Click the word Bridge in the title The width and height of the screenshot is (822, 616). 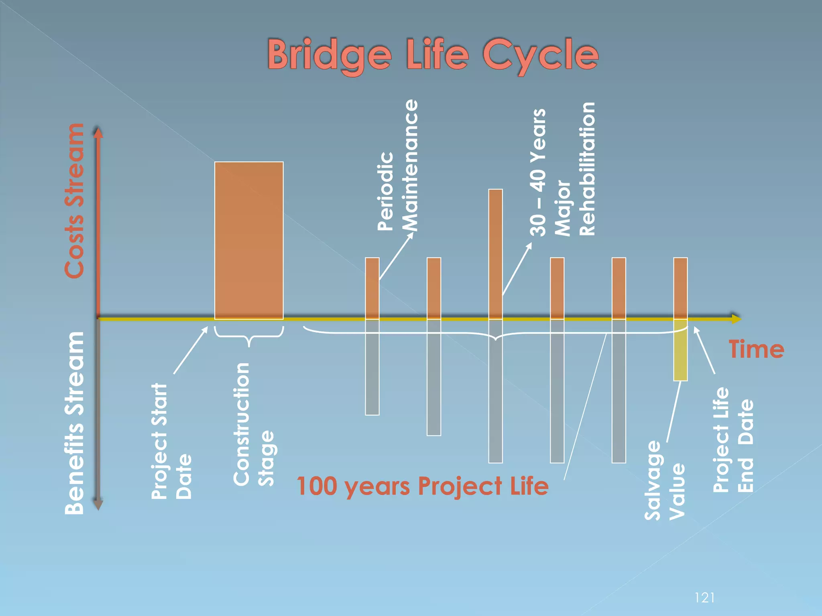[329, 55]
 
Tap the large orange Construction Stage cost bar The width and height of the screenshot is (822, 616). [249, 241]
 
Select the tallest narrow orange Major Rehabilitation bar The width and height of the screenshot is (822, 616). [496, 249]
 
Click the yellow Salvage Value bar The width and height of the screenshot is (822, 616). [680, 350]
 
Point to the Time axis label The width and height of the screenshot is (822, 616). [756, 349]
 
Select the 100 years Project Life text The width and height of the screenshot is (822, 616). [422, 486]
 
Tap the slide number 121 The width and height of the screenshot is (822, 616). [704, 598]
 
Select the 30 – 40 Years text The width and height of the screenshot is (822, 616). [538, 172]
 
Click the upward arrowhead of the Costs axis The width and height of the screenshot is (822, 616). [98, 132]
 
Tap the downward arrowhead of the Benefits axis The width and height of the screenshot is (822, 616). [98, 505]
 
